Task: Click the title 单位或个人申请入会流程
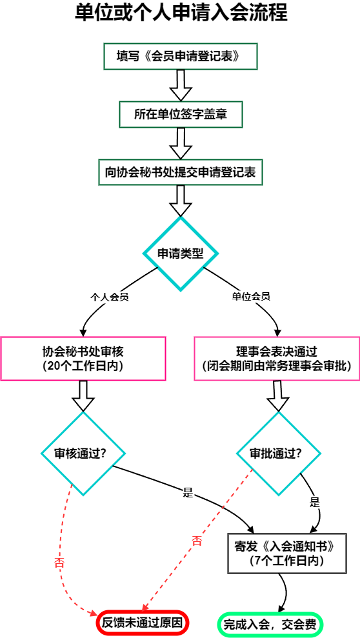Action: pyautogui.click(x=181, y=13)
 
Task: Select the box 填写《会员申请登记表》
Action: pyautogui.click(x=181, y=56)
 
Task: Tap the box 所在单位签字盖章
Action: pyautogui.click(x=181, y=114)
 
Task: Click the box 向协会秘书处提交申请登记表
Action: pyautogui.click(x=181, y=172)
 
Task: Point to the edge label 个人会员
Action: pyautogui.click(x=110, y=297)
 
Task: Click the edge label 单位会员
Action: pyautogui.click(x=252, y=297)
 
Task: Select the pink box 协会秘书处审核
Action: pyautogui.click(x=83, y=359)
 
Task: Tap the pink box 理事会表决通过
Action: pyautogui.click(x=277, y=359)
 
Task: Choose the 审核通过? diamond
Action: pyautogui.click(x=83, y=454)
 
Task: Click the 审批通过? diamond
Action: pyautogui.click(x=279, y=454)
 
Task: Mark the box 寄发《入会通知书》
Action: pyautogui.click(x=287, y=553)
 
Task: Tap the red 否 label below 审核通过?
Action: pyautogui.click(x=59, y=563)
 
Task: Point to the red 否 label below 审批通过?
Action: pyautogui.click(x=197, y=541)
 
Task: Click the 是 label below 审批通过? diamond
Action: pyautogui.click(x=315, y=502)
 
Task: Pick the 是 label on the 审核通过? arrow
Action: pyautogui.click(x=188, y=493)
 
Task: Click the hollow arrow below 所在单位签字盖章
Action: pyautogui.click(x=181, y=144)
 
